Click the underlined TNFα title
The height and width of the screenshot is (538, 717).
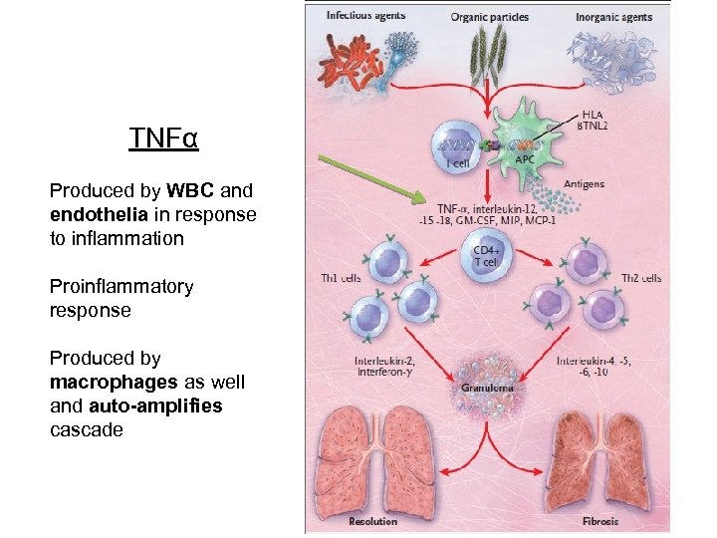click(163, 137)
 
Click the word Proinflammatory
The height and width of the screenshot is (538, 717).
click(121, 286)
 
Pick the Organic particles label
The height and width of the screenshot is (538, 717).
click(489, 17)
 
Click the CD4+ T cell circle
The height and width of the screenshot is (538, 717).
click(486, 254)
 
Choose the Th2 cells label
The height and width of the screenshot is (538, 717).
click(641, 278)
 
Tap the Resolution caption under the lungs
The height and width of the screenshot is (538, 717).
click(373, 520)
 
